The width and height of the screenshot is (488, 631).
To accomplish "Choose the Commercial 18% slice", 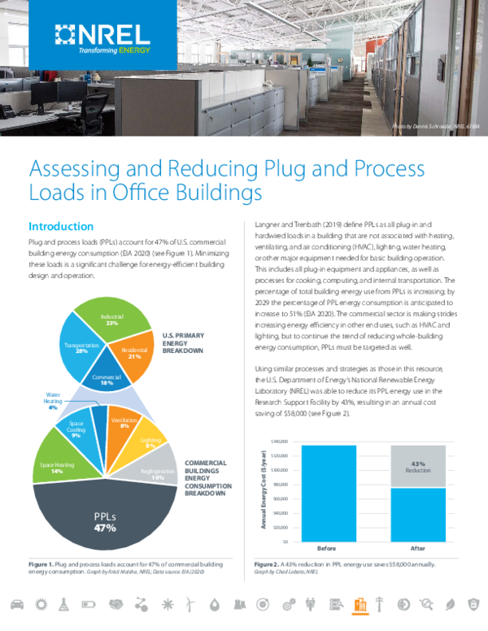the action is (x=100, y=381).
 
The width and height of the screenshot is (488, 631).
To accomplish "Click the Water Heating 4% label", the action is (x=52, y=401).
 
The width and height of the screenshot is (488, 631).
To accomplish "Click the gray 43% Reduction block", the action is (x=418, y=466).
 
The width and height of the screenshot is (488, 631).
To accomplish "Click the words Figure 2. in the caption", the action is (x=267, y=564).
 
